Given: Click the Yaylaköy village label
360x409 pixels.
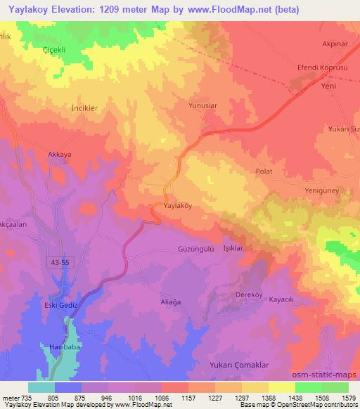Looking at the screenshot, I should (173, 207).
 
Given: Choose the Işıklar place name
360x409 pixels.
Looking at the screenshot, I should (232, 249).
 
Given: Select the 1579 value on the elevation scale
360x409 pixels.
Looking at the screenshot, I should (347, 397).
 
